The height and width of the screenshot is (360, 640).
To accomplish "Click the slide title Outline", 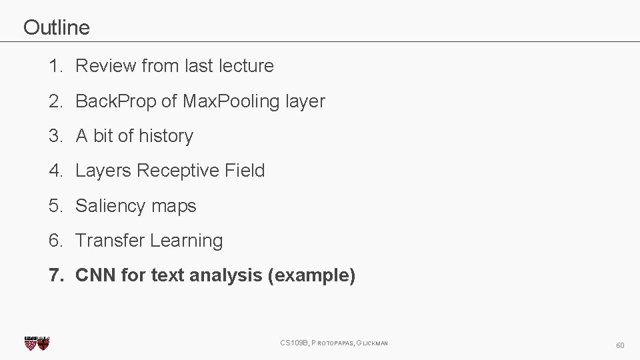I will [x=56, y=27].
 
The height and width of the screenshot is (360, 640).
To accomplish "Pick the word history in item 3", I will [x=166, y=136].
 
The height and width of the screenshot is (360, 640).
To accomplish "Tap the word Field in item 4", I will [x=245, y=171].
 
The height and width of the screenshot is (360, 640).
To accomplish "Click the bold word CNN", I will [x=95, y=275].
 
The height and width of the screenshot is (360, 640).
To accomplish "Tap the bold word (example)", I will [x=311, y=275].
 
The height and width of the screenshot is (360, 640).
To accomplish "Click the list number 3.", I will [x=55, y=136].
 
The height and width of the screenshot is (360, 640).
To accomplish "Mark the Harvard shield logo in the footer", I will [x=37, y=343].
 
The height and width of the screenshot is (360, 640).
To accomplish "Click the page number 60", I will [x=620, y=345].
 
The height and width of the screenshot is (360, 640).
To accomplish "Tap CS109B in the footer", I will [x=293, y=343].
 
